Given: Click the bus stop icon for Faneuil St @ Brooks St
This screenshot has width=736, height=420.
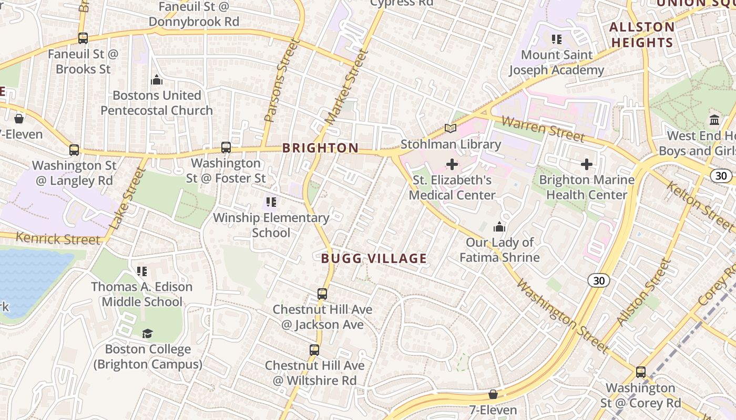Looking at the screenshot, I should (83, 38).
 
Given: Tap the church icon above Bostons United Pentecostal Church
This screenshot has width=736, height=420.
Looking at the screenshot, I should (157, 80).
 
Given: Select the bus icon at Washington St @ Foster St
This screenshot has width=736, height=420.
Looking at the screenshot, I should (226, 148).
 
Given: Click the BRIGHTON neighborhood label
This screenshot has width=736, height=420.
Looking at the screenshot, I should (320, 148).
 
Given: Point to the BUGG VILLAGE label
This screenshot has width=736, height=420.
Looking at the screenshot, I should (374, 258).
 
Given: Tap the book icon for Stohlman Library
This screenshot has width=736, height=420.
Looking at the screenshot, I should (451, 128).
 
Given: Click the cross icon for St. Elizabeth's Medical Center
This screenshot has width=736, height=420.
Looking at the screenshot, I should (452, 165).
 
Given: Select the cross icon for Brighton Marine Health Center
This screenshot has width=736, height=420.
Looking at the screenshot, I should (587, 165).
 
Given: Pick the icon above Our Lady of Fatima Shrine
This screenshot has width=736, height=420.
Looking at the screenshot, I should (499, 227).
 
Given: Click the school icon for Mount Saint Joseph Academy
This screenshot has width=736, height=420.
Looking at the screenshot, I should (557, 39).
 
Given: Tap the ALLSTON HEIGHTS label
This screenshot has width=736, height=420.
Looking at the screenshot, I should (642, 35).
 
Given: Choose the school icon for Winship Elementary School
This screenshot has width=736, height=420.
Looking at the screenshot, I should (271, 202).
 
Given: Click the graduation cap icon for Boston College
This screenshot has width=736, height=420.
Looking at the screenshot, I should (148, 334).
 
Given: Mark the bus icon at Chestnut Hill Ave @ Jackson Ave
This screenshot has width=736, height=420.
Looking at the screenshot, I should (322, 294).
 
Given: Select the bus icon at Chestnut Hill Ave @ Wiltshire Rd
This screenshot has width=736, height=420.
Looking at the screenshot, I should (314, 350).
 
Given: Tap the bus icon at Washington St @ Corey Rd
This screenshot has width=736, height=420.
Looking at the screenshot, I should (641, 372).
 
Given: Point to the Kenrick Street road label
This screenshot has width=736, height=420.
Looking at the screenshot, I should (58, 239).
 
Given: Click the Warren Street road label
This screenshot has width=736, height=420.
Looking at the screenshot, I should (543, 129).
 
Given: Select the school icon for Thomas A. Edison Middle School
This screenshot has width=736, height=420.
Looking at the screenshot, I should (142, 271).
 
